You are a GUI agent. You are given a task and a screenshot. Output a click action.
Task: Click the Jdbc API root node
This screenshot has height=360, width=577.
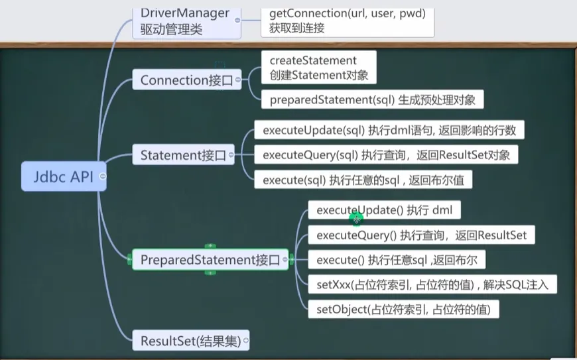point(64,176)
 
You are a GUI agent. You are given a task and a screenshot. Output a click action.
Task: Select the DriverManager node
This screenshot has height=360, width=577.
point(186,23)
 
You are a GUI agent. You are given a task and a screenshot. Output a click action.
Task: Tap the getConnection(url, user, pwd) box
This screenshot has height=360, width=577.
point(348,22)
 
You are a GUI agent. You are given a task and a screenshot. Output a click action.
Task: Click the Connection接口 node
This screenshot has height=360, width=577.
point(187,80)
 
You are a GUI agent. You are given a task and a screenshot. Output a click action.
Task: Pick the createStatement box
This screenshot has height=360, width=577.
point(318,68)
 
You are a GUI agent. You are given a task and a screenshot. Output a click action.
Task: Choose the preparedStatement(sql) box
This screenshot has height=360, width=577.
point(373,99)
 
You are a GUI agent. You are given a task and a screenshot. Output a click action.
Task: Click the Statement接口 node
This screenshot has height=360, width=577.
point(183,154)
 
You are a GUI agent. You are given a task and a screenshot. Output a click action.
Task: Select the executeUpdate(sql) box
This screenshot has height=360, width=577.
point(389,130)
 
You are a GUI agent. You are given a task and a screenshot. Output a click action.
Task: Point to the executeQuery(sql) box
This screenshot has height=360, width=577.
point(387,155)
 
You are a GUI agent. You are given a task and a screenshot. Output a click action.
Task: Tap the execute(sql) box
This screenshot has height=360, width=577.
point(363,180)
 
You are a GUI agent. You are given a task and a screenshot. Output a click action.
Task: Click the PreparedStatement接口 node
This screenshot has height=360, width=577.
point(210,260)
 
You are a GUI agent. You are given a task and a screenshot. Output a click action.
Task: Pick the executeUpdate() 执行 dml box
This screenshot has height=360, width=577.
point(384,210)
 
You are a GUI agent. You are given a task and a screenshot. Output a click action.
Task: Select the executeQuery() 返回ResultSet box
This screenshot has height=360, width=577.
point(421,235)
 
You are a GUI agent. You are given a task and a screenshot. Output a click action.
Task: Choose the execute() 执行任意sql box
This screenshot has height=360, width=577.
point(397,260)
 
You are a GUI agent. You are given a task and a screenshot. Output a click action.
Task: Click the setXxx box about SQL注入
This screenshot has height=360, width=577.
point(432,284)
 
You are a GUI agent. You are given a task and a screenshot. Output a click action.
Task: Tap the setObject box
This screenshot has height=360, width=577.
point(403,309)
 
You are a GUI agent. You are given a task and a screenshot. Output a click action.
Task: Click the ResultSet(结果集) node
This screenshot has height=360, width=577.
point(190,341)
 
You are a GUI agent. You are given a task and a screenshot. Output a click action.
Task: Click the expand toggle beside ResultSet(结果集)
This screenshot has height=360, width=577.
point(246,341)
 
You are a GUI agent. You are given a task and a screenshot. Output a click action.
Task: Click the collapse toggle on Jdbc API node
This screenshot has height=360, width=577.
point(103,176)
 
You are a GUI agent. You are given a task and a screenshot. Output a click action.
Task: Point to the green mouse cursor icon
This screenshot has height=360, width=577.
point(356,219)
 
